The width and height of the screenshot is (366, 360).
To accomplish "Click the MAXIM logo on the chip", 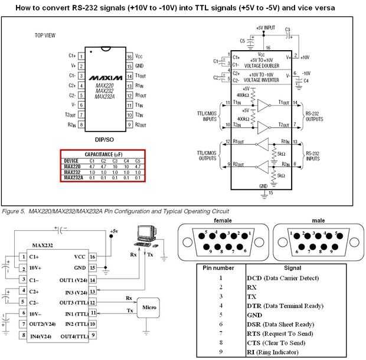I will [x=104, y=77].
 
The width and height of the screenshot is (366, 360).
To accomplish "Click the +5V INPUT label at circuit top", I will [x=266, y=28].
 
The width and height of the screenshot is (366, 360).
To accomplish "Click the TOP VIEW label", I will [x=45, y=35].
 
